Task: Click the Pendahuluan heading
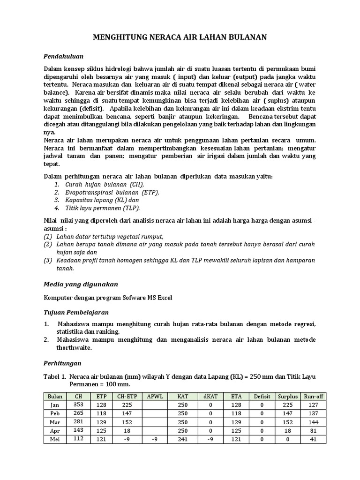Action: pos(63,56)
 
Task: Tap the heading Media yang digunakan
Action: pos(81,284)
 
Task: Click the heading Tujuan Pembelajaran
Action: pos(76,312)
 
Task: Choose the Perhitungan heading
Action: pos(62,363)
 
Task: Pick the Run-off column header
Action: pos(314,396)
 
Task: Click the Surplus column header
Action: pos(287,396)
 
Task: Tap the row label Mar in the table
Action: pos(55,422)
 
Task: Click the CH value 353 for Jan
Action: pos(78,405)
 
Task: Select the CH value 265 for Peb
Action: pos(78,413)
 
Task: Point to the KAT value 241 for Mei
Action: pos(183,439)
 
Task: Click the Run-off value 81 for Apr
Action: pos(314,431)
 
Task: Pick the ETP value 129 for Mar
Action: pos(102,422)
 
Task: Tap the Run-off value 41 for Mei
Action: pos(314,439)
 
